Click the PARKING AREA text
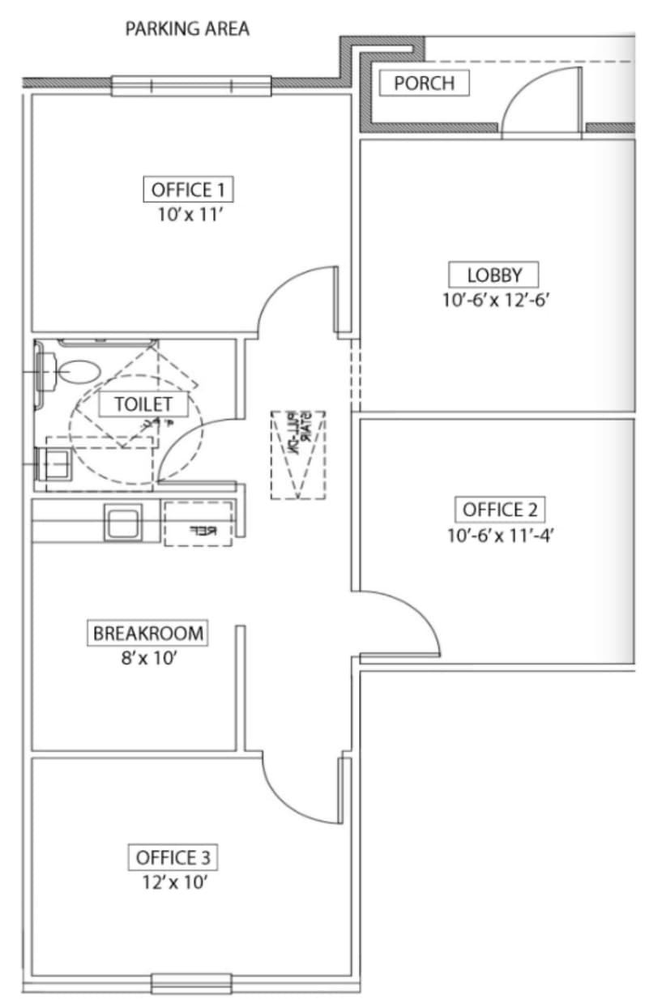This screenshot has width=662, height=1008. click(186, 30)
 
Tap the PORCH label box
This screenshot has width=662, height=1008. click(424, 83)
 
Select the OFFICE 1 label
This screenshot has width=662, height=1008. click(187, 190)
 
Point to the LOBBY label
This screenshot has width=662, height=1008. click(494, 274)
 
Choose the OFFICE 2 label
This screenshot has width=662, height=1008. click(499, 510)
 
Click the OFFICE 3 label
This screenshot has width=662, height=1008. click(176, 857)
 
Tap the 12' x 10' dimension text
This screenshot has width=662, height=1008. click(176, 882)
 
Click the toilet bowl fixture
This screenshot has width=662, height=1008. click(71, 371)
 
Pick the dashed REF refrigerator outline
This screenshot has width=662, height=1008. click(199, 523)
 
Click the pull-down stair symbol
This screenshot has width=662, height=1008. click(298, 454)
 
